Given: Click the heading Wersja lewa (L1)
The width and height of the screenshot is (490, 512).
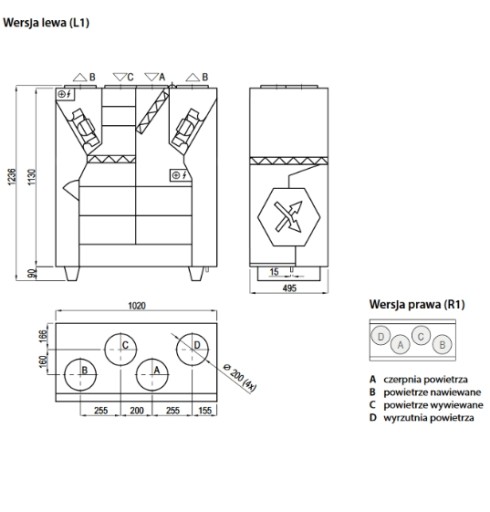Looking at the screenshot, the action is [46, 23].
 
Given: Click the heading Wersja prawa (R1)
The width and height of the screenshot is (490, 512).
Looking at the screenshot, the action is [417, 304].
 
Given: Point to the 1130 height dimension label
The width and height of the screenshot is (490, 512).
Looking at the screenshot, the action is [31, 177].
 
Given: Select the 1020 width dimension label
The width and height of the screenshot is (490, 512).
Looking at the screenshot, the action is [137, 306].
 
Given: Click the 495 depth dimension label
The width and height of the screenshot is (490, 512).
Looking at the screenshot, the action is [289, 288].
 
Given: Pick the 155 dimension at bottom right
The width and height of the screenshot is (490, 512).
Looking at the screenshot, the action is [205, 410].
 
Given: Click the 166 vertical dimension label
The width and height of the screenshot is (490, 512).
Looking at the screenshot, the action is [43, 336].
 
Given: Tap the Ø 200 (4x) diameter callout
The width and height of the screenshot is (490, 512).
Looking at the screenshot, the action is [240, 377].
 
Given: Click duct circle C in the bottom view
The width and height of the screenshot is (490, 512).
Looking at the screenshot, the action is [121, 349].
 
